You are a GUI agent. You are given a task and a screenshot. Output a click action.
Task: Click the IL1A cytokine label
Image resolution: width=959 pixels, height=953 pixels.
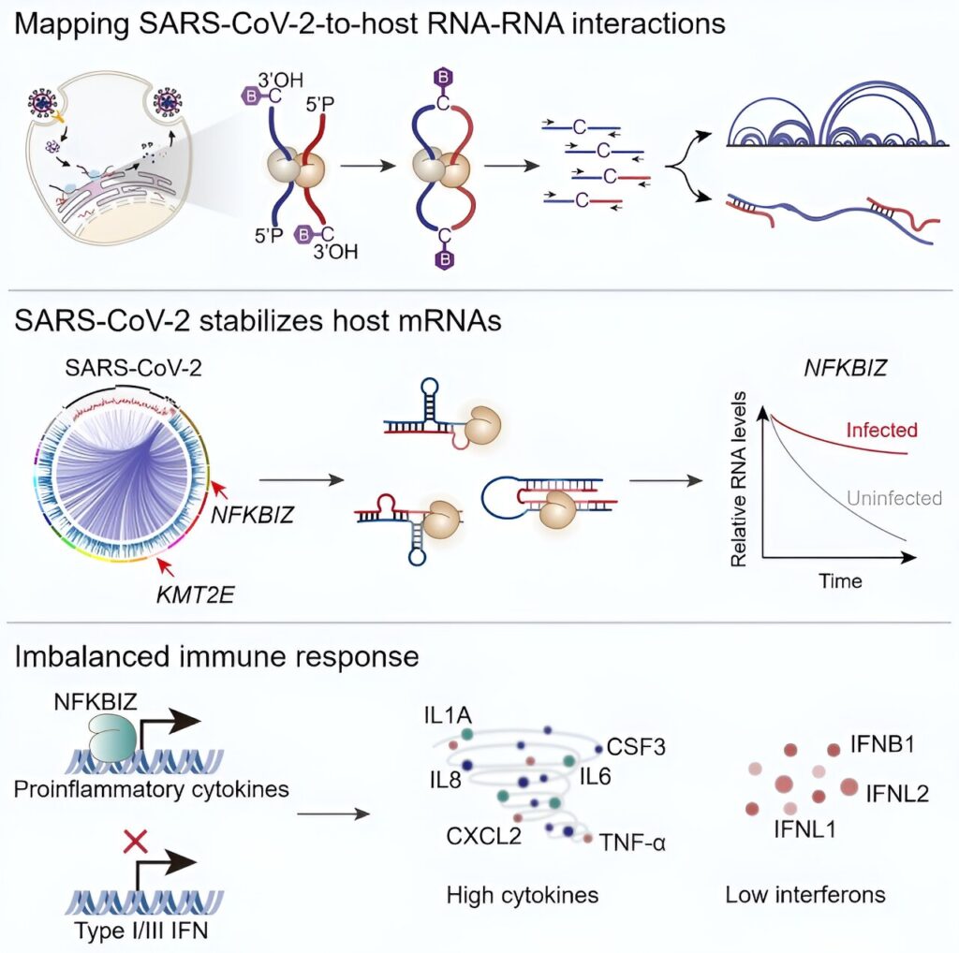[x=448, y=715]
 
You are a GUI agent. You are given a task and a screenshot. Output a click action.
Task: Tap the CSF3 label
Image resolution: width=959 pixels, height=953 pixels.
[x=636, y=747]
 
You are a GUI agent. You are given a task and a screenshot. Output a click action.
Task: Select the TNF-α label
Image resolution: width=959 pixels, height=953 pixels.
[x=632, y=843]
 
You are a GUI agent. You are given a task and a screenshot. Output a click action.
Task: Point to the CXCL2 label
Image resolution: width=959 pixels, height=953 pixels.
[x=484, y=836]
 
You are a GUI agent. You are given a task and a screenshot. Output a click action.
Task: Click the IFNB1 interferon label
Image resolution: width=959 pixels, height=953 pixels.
[x=882, y=744]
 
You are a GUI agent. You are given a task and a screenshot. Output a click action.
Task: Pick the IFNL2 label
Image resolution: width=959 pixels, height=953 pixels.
[x=897, y=794]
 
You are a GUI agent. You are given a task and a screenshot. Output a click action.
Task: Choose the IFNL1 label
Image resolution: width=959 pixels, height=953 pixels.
[x=804, y=829]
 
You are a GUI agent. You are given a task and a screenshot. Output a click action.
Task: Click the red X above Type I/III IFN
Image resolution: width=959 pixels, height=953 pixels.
[x=135, y=842]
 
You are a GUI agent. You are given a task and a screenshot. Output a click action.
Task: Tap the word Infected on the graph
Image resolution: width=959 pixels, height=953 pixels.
[x=881, y=431]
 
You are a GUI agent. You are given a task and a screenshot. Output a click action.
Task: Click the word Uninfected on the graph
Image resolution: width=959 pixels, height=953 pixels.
[x=894, y=498]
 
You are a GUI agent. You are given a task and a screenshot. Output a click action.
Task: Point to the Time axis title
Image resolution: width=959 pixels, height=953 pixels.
[x=840, y=580]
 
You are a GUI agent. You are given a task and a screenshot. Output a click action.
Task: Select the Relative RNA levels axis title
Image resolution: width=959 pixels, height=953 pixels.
[x=739, y=480]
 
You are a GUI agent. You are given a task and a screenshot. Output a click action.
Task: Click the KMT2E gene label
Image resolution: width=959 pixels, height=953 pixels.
[x=195, y=594]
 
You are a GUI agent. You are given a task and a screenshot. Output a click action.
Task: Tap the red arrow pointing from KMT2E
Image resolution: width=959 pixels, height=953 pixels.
[x=166, y=568]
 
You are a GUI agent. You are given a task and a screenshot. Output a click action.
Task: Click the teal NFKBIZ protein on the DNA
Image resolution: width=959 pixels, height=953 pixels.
[x=112, y=736]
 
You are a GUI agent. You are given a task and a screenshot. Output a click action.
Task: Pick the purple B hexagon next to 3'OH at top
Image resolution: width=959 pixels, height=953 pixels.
[x=251, y=96]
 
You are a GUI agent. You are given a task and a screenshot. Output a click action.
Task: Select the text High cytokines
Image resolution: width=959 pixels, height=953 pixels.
[x=523, y=895]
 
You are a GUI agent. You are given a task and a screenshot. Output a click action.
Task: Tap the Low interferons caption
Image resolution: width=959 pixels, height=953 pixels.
[x=805, y=895]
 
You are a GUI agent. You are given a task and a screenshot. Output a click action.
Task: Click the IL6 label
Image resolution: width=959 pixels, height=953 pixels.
[x=595, y=776]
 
